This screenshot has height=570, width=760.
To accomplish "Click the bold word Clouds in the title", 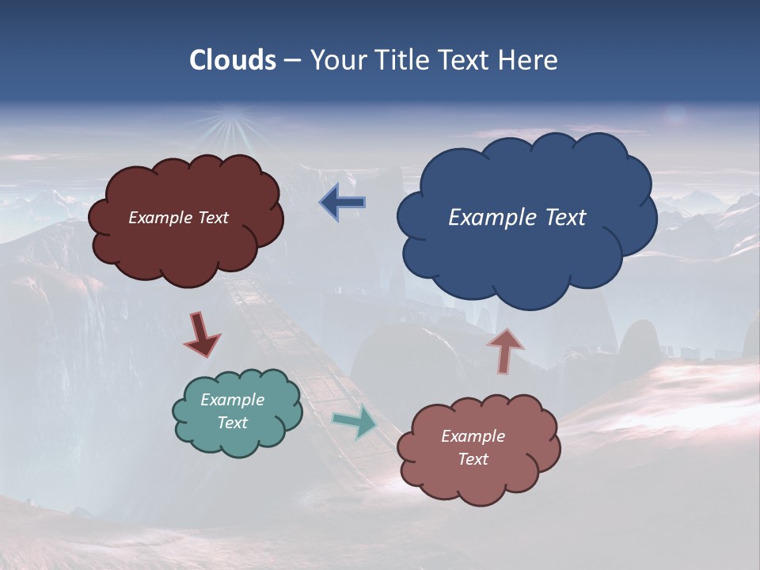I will [232, 60].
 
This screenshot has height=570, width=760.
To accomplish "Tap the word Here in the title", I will [528, 60].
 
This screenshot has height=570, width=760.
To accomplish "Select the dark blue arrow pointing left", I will [343, 203].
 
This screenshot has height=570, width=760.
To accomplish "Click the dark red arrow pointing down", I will [201, 334].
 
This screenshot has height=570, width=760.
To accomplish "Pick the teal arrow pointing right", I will [355, 422].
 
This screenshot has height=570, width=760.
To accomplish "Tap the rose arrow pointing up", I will [505, 351].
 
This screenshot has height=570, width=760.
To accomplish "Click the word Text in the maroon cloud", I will [211, 218].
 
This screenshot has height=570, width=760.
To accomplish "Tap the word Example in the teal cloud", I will [232, 400].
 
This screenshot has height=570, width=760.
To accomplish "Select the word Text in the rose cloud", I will [473, 459].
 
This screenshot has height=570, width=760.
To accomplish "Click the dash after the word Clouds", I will [292, 60].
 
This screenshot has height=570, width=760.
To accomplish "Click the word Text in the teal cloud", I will [232, 423].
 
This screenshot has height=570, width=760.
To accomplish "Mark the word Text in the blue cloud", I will [566, 218].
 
